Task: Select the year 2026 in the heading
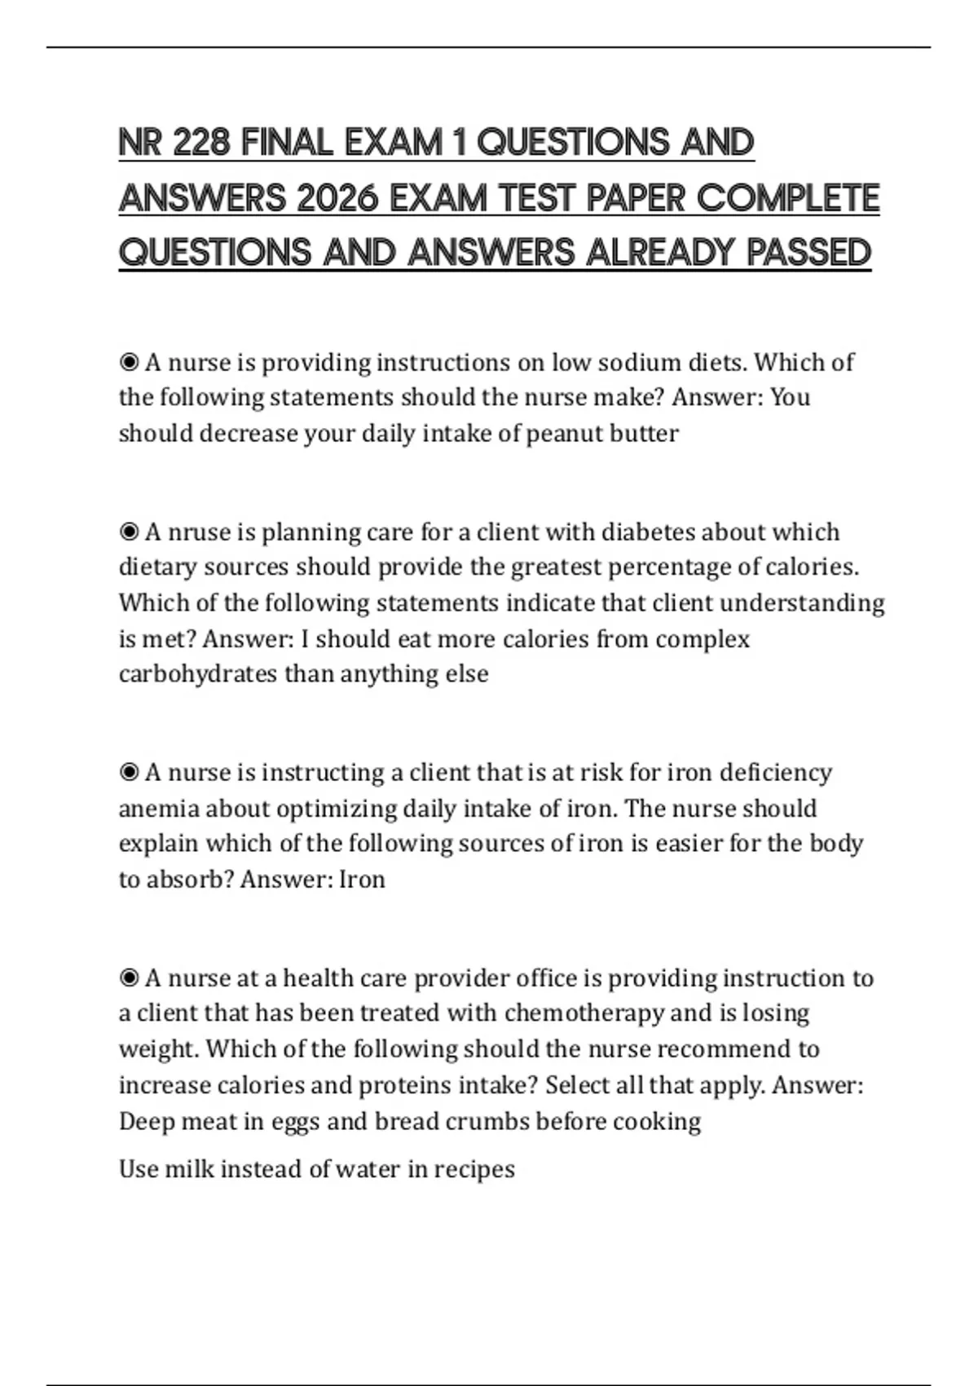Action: click(x=337, y=199)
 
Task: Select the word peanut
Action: click(x=563, y=433)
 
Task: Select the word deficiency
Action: click(x=777, y=773)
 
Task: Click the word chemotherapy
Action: click(x=584, y=1013)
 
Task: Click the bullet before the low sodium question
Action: click(x=129, y=362)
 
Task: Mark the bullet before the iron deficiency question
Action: click(x=129, y=773)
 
